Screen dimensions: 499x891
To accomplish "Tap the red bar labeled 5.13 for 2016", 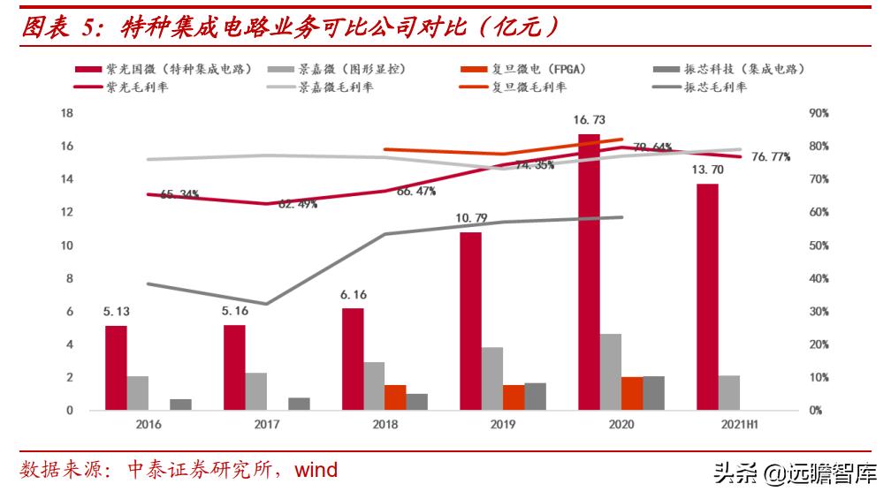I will coord(116,367).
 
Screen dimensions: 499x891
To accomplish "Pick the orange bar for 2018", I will coord(395,397).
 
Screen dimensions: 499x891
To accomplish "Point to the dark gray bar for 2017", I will coord(300,404).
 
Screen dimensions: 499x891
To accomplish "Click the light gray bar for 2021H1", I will coord(729,392).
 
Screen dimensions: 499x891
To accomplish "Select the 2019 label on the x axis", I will coord(503,425).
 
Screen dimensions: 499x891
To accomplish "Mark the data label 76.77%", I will coord(771,157).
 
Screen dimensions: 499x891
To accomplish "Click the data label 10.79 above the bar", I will coord(471,217).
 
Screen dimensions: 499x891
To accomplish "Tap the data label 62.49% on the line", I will coord(298,204).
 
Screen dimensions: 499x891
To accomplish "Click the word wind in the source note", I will coord(316,470).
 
